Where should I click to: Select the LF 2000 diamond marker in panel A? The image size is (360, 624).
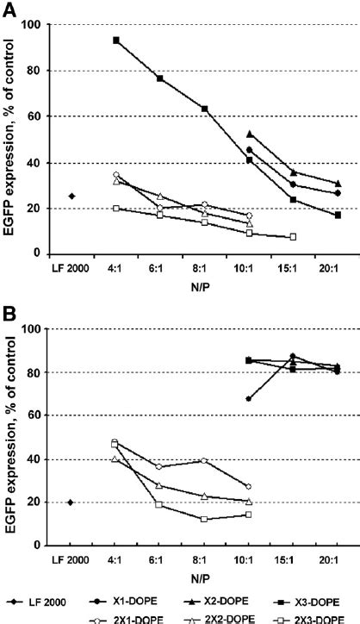pyautogui.click(x=71, y=197)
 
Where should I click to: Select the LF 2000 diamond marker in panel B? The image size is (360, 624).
pyautogui.click(x=70, y=502)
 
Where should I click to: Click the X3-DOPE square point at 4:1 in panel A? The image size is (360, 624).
pyautogui.click(x=115, y=41)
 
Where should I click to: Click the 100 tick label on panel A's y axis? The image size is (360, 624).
pyautogui.click(x=33, y=24)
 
